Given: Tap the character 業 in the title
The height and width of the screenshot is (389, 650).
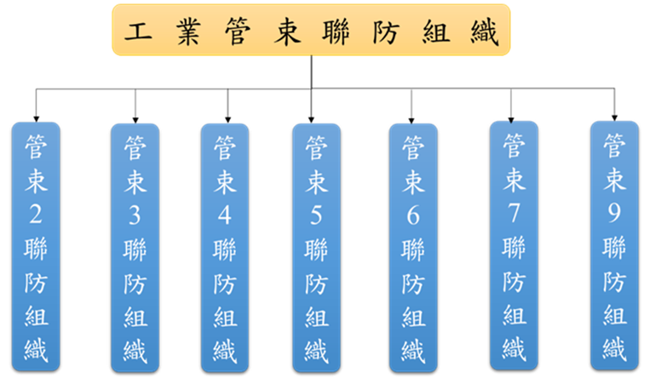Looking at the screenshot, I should coord(187,31).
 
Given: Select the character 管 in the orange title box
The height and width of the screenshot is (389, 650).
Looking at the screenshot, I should coord(236,31).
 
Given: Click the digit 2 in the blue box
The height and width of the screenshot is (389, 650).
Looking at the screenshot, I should coord(36,215).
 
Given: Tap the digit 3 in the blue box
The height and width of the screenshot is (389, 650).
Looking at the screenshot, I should coord(134,216).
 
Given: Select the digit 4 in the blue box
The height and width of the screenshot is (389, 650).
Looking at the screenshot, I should coord(225,215).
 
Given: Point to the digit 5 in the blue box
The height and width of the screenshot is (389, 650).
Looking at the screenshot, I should coord(316,215).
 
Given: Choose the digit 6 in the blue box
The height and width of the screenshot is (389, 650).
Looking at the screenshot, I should coord(413,215).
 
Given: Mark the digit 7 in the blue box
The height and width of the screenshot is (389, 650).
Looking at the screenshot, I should coord(514,212).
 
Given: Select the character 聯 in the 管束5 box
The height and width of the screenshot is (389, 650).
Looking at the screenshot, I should coord(316,249).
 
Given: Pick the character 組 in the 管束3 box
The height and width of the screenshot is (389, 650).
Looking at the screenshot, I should coord(135,317).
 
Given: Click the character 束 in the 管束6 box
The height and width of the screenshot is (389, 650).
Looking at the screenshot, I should coord(413,181).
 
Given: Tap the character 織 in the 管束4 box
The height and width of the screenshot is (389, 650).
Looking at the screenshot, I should coord(225,350).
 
